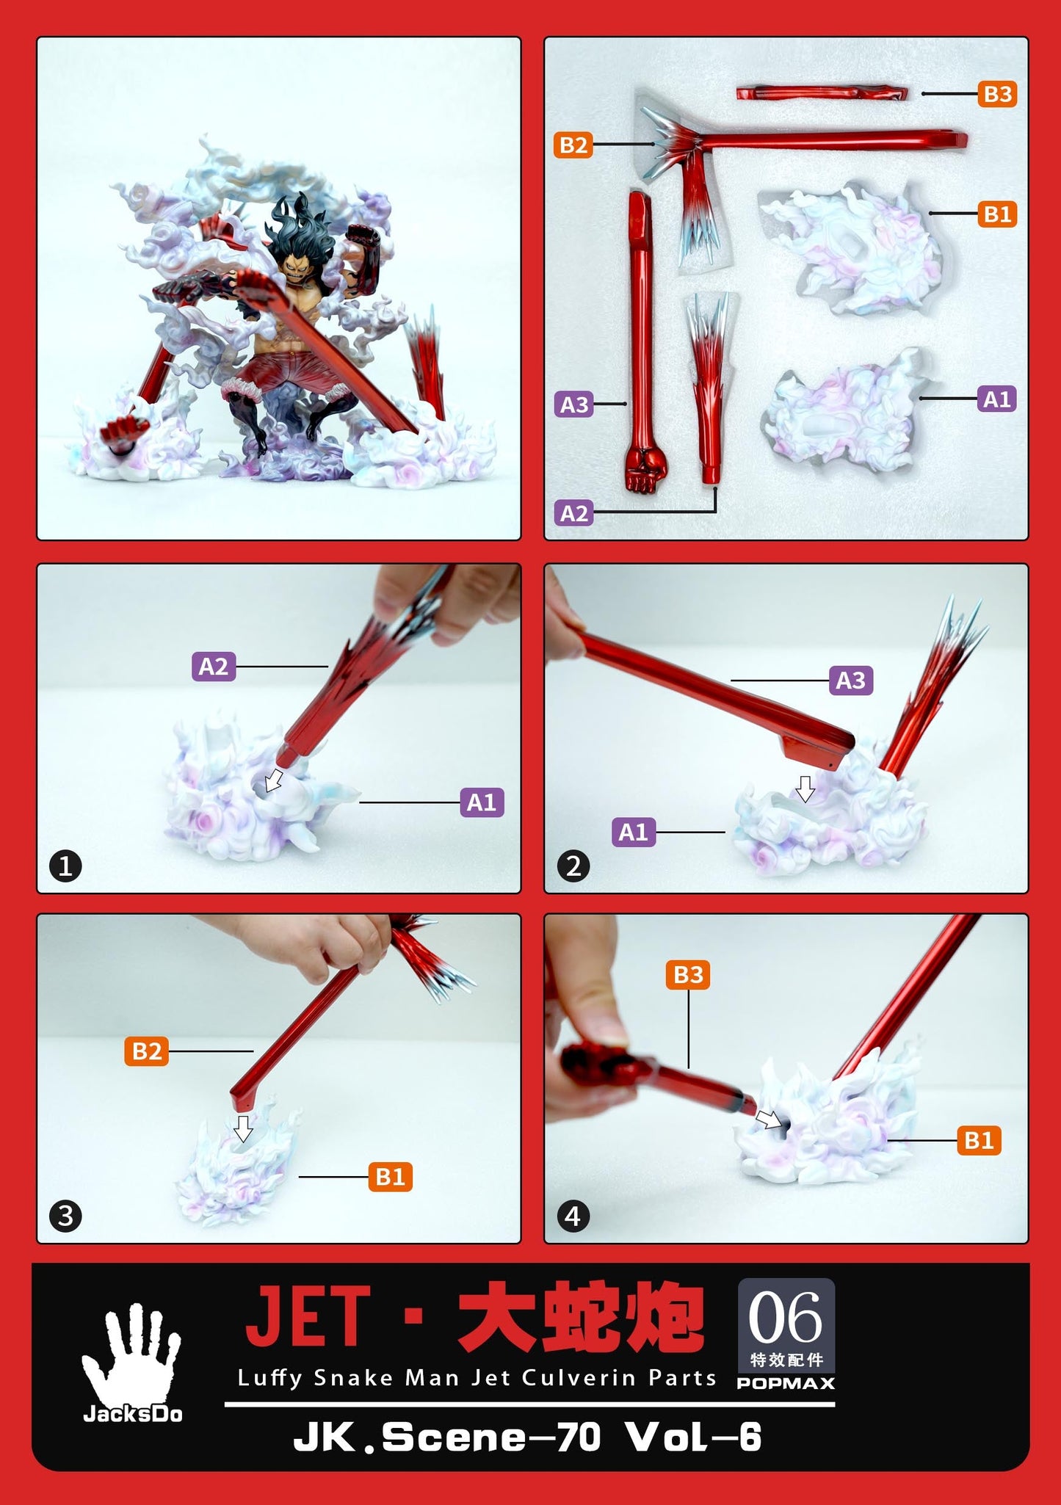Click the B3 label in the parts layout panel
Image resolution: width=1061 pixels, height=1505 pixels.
997,94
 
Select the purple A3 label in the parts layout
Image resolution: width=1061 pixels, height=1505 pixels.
573,404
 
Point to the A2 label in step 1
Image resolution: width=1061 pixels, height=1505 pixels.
214,667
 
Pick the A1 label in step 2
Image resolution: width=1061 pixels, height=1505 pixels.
634,833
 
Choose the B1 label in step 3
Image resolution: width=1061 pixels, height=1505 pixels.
390,1177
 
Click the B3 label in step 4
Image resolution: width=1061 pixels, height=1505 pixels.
688,975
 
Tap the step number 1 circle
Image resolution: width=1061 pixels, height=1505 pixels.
65,866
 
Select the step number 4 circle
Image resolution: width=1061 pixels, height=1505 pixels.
573,1216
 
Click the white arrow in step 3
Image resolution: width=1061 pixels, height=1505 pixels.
243,1128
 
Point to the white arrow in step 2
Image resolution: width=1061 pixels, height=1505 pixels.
805,788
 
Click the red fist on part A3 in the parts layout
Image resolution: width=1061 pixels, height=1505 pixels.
646,470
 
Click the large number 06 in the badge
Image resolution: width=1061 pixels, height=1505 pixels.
785,1319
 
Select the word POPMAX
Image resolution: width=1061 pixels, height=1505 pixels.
786,1383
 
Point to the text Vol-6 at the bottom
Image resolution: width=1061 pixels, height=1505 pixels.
693,1437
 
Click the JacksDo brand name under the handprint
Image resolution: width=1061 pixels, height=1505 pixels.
132,1414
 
